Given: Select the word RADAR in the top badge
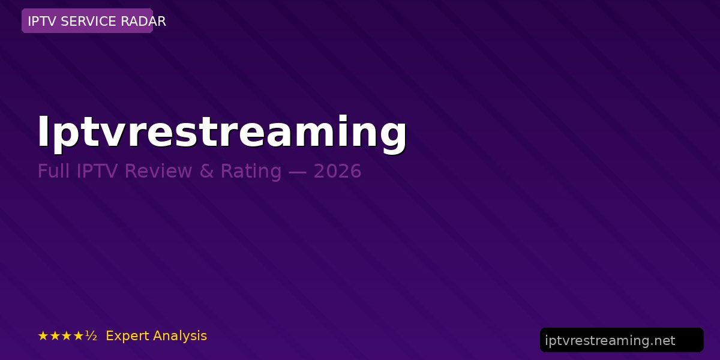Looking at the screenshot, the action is [143, 21].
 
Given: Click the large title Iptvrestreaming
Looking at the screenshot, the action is [222, 133].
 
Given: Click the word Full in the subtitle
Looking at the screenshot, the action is [53, 170].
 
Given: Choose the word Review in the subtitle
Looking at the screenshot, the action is [158, 170].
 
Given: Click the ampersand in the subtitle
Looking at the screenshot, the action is [206, 171].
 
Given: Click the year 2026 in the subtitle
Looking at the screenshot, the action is [337, 171].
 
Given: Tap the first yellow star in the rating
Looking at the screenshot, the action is [43, 336].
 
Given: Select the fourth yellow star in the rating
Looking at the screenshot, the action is [78, 336].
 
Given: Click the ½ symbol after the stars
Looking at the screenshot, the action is [91, 336].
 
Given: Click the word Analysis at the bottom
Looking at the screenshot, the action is [179, 336].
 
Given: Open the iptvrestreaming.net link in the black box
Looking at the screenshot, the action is [610, 340].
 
